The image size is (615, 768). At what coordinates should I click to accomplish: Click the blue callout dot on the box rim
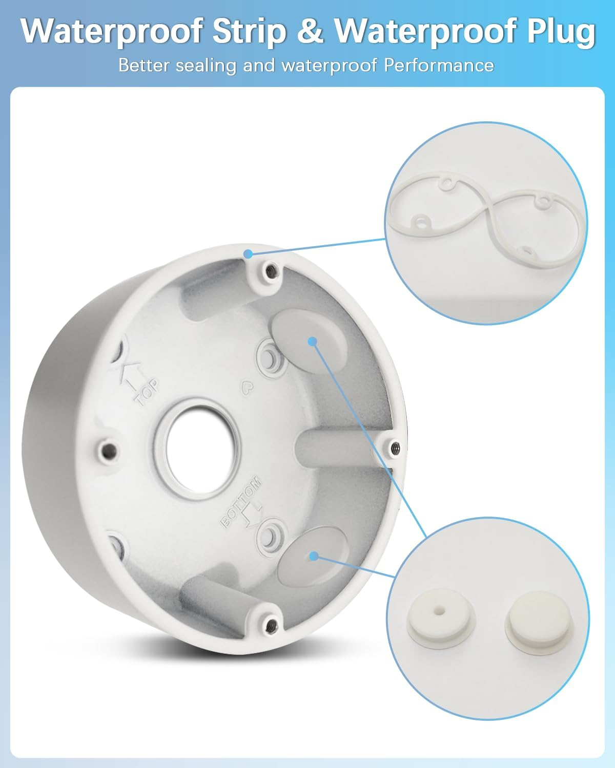249,254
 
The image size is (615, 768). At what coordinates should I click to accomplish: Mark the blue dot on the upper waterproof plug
313,341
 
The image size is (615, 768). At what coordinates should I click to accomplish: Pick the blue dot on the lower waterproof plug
314,556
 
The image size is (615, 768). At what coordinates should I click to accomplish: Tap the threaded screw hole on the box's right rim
395,447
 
